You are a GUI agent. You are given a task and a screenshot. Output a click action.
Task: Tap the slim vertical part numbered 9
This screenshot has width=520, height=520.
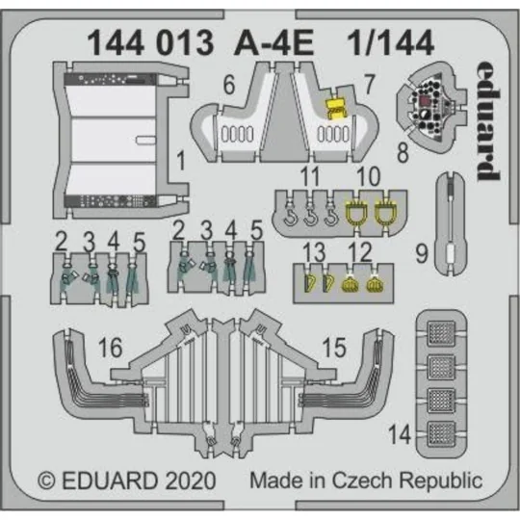click(451, 217)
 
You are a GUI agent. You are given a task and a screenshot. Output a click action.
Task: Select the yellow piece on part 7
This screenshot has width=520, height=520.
click(336, 109)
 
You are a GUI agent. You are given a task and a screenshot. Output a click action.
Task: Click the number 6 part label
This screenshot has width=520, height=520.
click(228, 84)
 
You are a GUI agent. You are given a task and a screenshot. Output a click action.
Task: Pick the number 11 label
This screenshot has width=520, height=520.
click(308, 176)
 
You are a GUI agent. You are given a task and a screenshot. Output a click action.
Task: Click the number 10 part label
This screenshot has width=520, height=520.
click(363, 176)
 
